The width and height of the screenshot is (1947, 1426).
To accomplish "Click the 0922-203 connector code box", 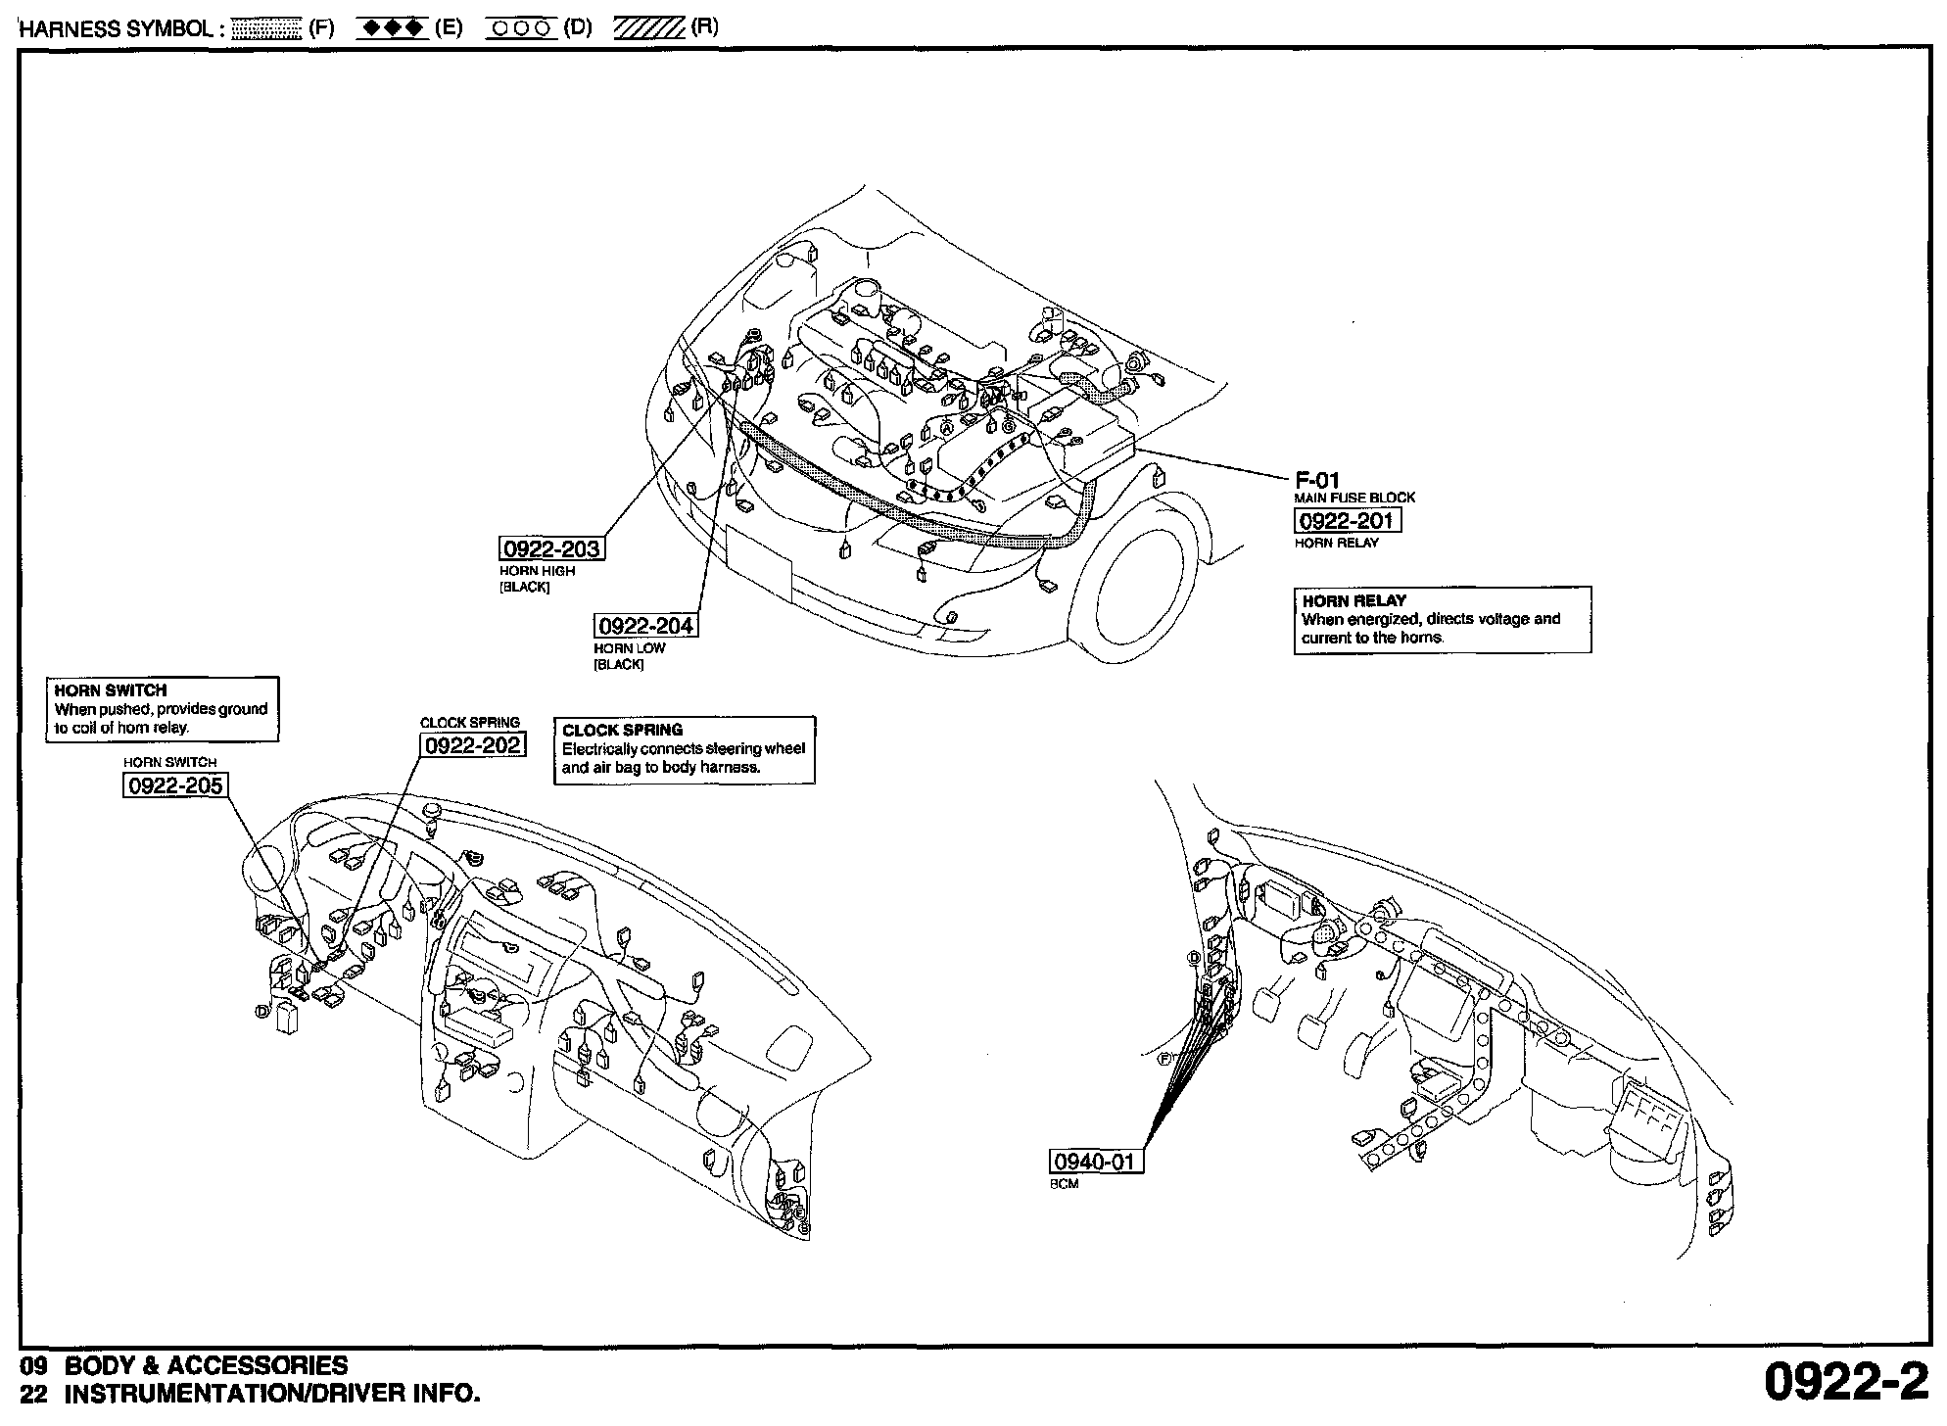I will [550, 548].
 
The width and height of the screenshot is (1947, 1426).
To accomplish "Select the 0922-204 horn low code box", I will [646, 625].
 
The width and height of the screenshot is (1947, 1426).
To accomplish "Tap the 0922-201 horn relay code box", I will [1347, 520].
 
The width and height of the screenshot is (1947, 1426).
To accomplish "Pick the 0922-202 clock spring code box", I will [472, 745].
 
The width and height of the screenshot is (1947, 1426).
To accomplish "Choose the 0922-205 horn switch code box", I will [174, 785].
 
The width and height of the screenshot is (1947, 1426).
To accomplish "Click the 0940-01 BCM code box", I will [1096, 1162].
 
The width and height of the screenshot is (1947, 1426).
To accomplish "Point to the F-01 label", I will [1316, 480].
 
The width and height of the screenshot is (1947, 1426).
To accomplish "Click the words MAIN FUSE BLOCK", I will [1354, 498].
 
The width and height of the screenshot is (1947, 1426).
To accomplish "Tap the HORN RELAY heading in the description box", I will [1353, 600].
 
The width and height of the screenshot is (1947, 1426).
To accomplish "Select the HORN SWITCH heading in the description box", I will [111, 690].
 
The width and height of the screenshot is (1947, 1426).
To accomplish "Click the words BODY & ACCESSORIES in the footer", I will [206, 1365].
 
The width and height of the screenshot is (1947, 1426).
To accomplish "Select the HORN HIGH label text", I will [537, 571].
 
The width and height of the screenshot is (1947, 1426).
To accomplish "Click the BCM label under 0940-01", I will [1064, 1184].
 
